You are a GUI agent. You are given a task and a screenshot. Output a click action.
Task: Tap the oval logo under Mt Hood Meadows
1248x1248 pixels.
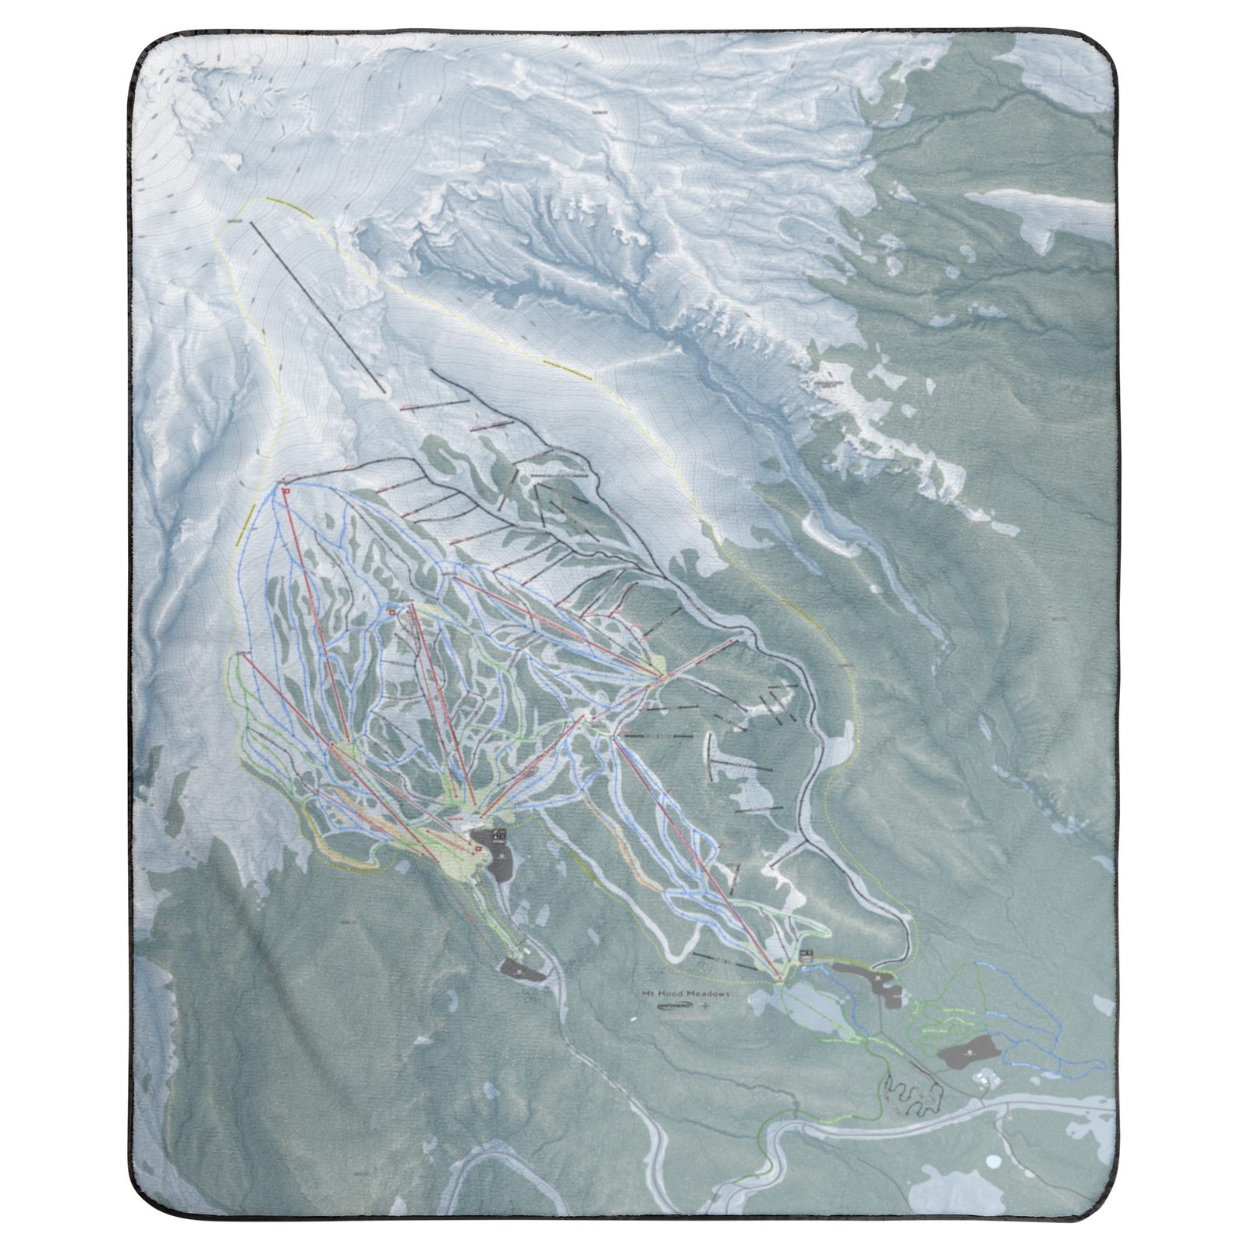point(672,1007)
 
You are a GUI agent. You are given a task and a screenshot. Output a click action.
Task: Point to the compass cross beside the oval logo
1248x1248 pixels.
point(707,1007)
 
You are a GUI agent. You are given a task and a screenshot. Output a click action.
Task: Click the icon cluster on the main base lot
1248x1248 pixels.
point(499,835)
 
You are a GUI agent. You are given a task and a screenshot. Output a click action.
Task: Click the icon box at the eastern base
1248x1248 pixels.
point(807,954)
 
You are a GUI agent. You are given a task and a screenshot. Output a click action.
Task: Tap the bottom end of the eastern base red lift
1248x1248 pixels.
point(780,977)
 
